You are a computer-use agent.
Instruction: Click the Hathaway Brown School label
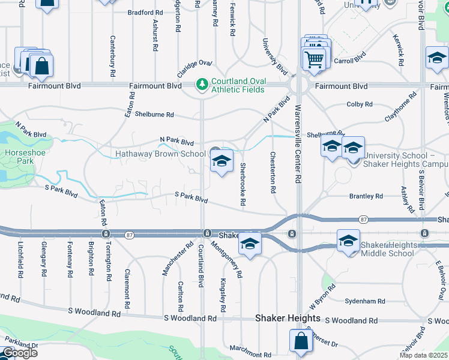pos(160,154)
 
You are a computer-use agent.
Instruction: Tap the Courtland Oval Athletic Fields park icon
pos(202,83)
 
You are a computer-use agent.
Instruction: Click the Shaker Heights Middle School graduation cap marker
pos(348,241)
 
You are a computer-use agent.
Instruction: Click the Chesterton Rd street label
pos(273,172)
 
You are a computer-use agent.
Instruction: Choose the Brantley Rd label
pos(366,196)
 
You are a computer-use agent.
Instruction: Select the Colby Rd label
pos(360,104)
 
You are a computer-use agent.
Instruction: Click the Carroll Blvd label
pos(350,61)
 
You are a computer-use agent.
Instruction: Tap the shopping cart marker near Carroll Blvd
pos(315,59)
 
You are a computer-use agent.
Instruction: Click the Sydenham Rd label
pos(361,301)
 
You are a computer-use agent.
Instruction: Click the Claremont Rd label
pos(127,289)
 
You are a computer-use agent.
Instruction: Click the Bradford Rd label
pos(145,12)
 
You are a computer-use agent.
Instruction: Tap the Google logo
pos(19,353)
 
